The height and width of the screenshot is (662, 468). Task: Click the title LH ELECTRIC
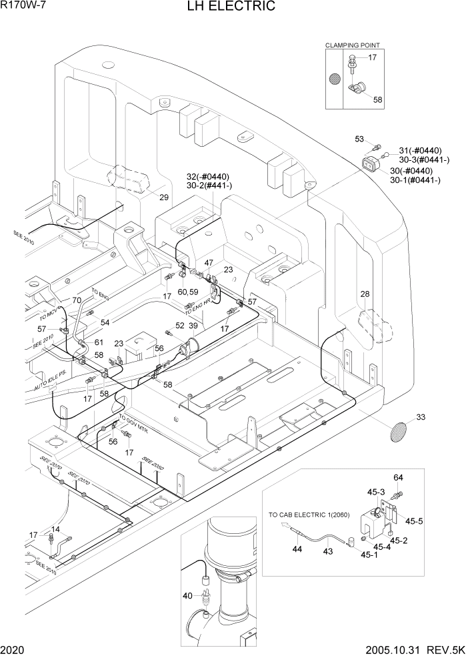coord(233,7)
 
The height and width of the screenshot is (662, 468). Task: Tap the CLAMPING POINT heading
coord(352,45)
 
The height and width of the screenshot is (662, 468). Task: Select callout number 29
coord(164,197)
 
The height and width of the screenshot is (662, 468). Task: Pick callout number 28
coord(365,294)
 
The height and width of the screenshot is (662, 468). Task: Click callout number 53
coord(359,139)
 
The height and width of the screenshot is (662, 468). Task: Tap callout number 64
coord(398,477)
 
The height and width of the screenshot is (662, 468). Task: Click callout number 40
coord(188,596)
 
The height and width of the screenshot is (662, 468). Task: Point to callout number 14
coord(56,529)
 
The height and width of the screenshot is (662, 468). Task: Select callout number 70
coord(76,300)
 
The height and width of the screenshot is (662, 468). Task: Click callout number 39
coord(193,325)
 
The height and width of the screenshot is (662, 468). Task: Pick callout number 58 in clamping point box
coord(377,100)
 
